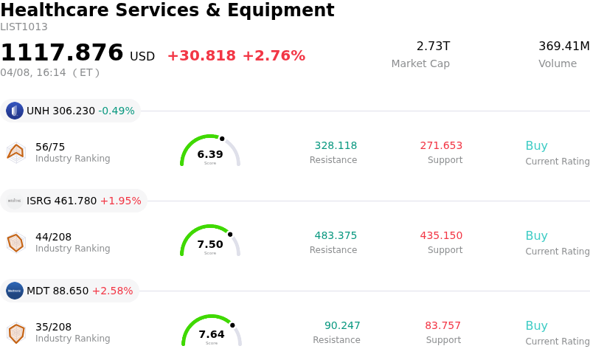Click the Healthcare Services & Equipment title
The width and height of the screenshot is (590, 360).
click(167, 10)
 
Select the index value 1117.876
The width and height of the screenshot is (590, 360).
click(62, 53)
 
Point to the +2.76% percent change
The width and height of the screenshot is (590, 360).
click(274, 56)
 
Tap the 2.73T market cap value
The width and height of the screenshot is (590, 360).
click(433, 46)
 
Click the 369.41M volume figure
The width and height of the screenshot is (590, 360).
click(563, 46)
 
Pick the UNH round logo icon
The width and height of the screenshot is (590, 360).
click(15, 111)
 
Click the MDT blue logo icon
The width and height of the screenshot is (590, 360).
click(15, 291)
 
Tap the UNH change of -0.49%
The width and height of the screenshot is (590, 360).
click(117, 111)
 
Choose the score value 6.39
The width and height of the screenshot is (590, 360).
click(210, 154)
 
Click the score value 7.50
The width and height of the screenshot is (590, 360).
click(210, 244)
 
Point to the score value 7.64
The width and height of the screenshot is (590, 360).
click(212, 334)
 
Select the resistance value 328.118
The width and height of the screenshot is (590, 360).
click(336, 146)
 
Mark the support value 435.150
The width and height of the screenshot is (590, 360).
click(441, 236)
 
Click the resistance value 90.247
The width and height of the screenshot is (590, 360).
click(342, 326)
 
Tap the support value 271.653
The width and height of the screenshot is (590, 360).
click(441, 146)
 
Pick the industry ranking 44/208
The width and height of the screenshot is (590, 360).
click(53, 237)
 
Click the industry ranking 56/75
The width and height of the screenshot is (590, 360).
click(50, 147)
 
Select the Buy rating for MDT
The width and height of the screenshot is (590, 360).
click(536, 326)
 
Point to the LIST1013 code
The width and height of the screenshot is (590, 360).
click(24, 27)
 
